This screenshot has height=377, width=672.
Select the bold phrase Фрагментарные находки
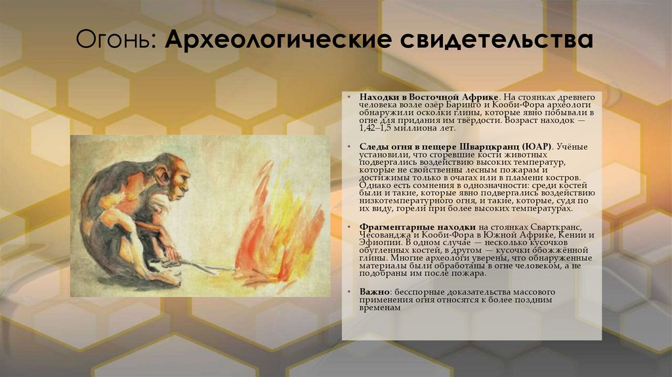click(413, 227)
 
